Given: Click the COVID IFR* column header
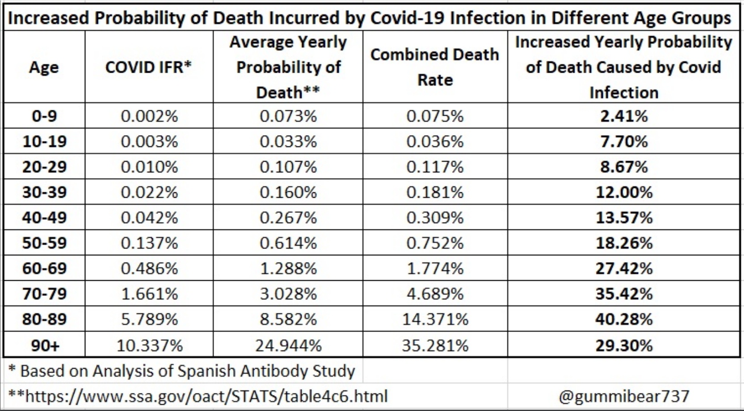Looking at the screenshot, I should coord(148,67).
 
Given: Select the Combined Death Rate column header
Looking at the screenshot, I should coord(435,67).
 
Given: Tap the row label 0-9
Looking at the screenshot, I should coord(44,116).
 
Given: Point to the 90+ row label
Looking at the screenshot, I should coord(44,345).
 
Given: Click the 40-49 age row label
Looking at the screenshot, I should coord(44,217).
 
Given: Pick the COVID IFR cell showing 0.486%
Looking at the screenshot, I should coord(149,268).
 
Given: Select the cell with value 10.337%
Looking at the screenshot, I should coord(149,345).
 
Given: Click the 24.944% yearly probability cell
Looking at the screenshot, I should coord(288,345).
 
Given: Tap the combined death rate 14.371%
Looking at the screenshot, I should coord(435,319).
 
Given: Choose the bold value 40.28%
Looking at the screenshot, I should coord(624,319).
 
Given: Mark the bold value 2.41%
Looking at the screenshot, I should coord(624,116).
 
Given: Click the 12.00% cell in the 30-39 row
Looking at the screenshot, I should coord(624,192).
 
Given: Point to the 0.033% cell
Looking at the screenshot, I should coord(288,141).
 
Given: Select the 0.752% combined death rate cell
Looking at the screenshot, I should coord(435,243).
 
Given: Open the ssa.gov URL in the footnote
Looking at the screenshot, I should coord(206,396).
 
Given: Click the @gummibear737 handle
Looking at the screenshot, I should coord(624,396).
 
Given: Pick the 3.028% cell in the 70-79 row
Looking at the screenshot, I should coord(288,294).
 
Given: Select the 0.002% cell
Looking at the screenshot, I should coord(149,116).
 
